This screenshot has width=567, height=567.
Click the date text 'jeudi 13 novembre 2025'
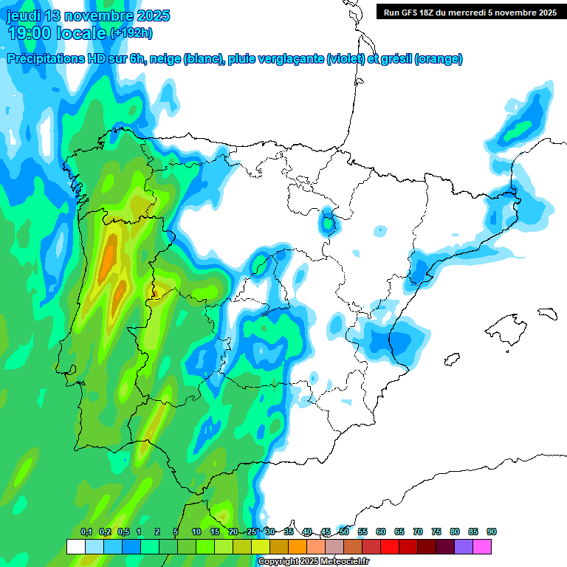click(x=88, y=16)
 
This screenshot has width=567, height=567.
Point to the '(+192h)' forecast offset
click(x=131, y=33)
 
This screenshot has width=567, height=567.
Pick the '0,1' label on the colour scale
click(x=86, y=532)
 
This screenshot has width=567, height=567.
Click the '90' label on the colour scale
click(x=492, y=532)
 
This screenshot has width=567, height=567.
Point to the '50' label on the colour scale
click(x=344, y=532)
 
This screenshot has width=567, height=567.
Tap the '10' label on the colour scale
click(x=196, y=532)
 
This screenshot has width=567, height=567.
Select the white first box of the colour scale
click(x=75, y=546)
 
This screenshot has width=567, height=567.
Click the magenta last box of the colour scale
click(x=482, y=546)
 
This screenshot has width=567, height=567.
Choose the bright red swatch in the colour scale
click(x=390, y=546)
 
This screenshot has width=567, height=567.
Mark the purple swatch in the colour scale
click(x=464, y=546)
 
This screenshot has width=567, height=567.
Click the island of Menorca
click(x=547, y=313)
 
